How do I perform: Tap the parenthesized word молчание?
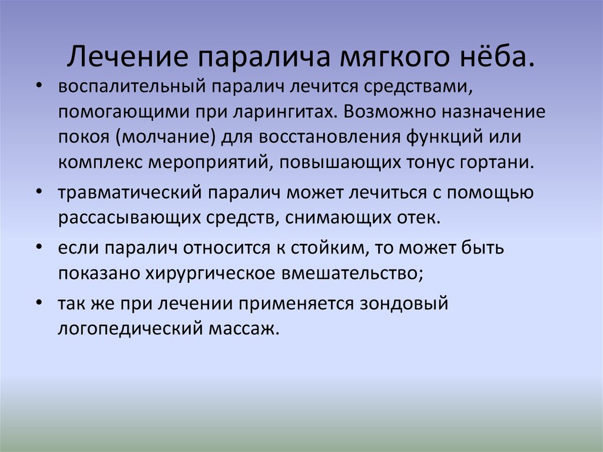point(168,137)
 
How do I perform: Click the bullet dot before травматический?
point(38,192)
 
